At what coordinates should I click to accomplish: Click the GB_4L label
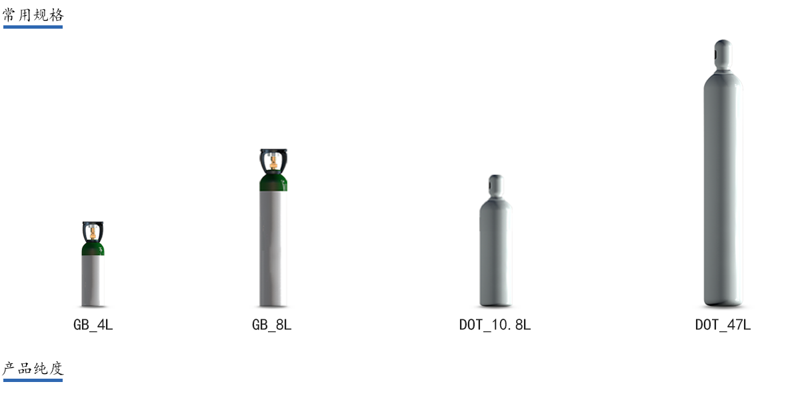(93, 326)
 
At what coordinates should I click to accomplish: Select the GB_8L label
(272, 326)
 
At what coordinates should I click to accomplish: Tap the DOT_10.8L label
(495, 326)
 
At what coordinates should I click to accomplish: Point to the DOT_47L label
(723, 326)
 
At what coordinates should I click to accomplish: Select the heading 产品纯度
(33, 368)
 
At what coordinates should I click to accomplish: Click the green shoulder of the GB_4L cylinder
(93, 249)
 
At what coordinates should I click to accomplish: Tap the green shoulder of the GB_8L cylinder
(273, 182)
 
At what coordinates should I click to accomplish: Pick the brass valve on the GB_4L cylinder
(93, 234)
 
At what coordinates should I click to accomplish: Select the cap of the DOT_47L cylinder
(723, 53)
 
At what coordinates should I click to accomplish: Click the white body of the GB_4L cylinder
(93, 280)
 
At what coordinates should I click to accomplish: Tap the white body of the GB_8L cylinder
(273, 247)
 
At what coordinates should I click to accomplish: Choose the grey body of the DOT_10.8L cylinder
(495, 253)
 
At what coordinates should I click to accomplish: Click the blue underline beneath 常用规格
(33, 27)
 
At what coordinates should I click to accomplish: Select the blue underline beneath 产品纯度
(33, 380)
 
